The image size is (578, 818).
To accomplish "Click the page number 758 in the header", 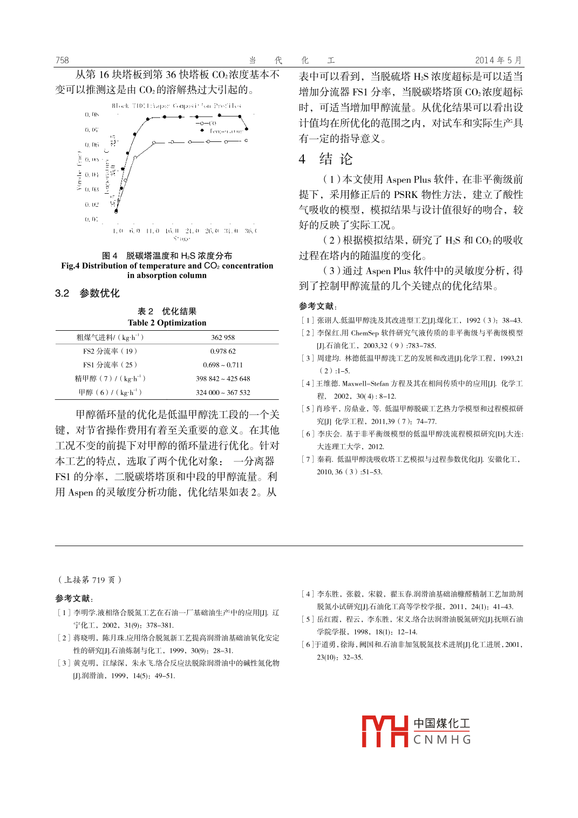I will pyautogui.click(x=62, y=60).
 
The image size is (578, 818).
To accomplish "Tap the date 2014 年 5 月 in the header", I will pyautogui.click(x=498, y=60).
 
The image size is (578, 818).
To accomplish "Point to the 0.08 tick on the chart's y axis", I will pyautogui.click(x=92, y=114).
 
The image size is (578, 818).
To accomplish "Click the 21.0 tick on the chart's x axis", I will pyautogui.click(x=192, y=231).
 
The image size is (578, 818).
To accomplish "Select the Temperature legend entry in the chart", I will pyautogui.click(x=225, y=131).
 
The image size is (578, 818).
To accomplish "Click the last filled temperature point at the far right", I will pyautogui.click(x=247, y=129).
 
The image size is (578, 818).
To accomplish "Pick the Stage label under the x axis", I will pyautogui.click(x=181, y=238).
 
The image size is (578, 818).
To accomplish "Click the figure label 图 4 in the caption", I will pyautogui.click(x=110, y=256).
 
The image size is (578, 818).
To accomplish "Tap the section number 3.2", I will pyautogui.click(x=62, y=294).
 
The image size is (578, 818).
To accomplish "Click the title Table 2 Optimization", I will pyautogui.click(x=167, y=323).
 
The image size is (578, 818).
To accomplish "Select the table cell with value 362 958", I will pyautogui.click(x=223, y=338).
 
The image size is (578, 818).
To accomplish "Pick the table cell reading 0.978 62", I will pyautogui.click(x=223, y=351).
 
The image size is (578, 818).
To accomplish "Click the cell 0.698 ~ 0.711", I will pyautogui.click(x=223, y=365).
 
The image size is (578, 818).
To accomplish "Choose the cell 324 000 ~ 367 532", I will pyautogui.click(x=223, y=393).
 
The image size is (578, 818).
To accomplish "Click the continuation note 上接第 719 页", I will pyautogui.click(x=90, y=580).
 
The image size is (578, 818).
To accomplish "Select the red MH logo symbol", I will pyautogui.click(x=384, y=731).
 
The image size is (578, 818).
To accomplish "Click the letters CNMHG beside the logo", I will pyautogui.click(x=442, y=740).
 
